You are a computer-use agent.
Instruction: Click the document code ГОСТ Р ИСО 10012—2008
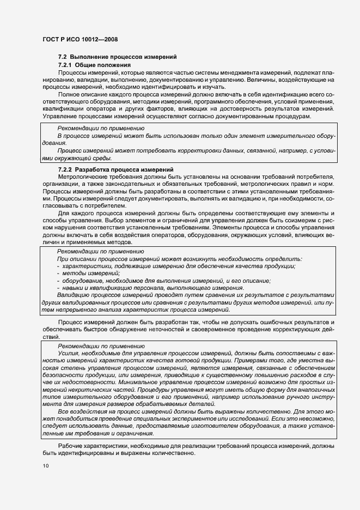click(x=81, y=40)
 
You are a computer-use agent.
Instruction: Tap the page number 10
click(x=46, y=466)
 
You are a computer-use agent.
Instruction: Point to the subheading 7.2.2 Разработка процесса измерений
click(x=115, y=169)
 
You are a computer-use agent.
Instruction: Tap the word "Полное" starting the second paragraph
click(x=69, y=95)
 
